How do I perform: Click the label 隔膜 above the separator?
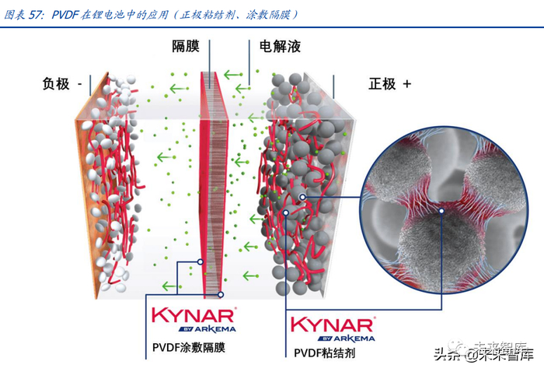[187, 46]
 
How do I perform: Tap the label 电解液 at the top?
[280, 46]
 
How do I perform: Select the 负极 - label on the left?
[62, 84]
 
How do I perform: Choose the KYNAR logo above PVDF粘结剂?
[332, 324]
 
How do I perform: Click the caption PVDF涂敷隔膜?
[190, 346]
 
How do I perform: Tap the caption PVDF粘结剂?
[324, 353]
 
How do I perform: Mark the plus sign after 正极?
[406, 84]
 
